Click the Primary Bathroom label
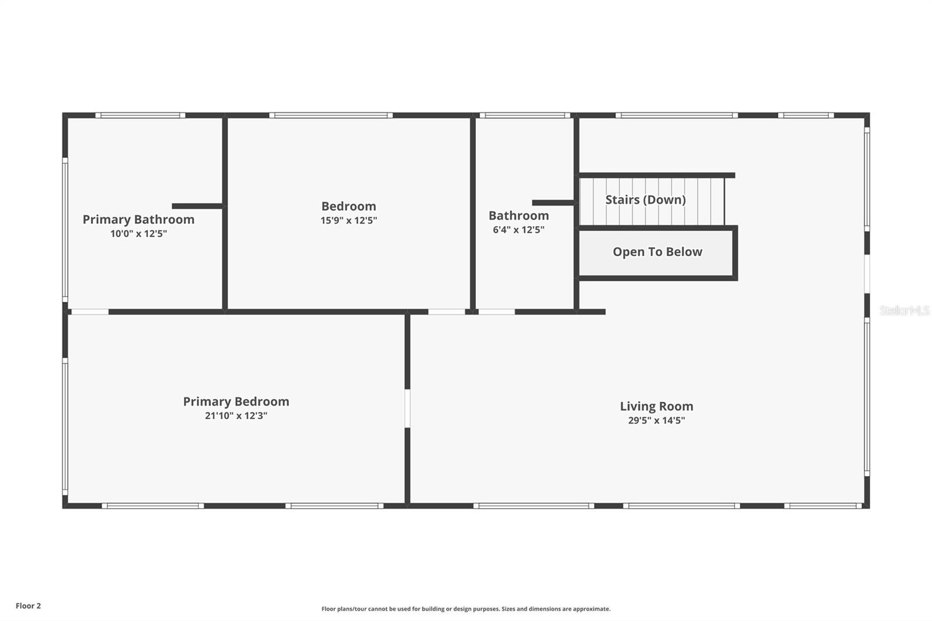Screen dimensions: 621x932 138,220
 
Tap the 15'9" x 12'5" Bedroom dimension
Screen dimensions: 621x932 348,221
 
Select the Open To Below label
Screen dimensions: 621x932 657,252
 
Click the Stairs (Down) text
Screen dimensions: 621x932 645,200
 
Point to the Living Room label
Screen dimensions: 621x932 656,407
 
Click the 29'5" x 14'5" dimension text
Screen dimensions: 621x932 656,421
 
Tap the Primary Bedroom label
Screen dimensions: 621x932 236,401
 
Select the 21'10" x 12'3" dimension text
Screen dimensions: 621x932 236,416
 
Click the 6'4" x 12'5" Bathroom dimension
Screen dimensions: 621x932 518,230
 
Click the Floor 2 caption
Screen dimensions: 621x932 28,606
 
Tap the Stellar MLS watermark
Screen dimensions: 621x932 904,310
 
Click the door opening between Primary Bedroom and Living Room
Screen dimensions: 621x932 407,408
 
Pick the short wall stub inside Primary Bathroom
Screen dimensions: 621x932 197,206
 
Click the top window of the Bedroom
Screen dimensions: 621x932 331,115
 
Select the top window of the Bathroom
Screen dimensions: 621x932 525,115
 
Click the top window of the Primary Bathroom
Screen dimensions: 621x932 140,115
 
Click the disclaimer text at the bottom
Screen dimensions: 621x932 465,609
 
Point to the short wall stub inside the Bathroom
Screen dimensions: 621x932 553,203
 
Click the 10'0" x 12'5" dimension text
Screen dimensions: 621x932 138,234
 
